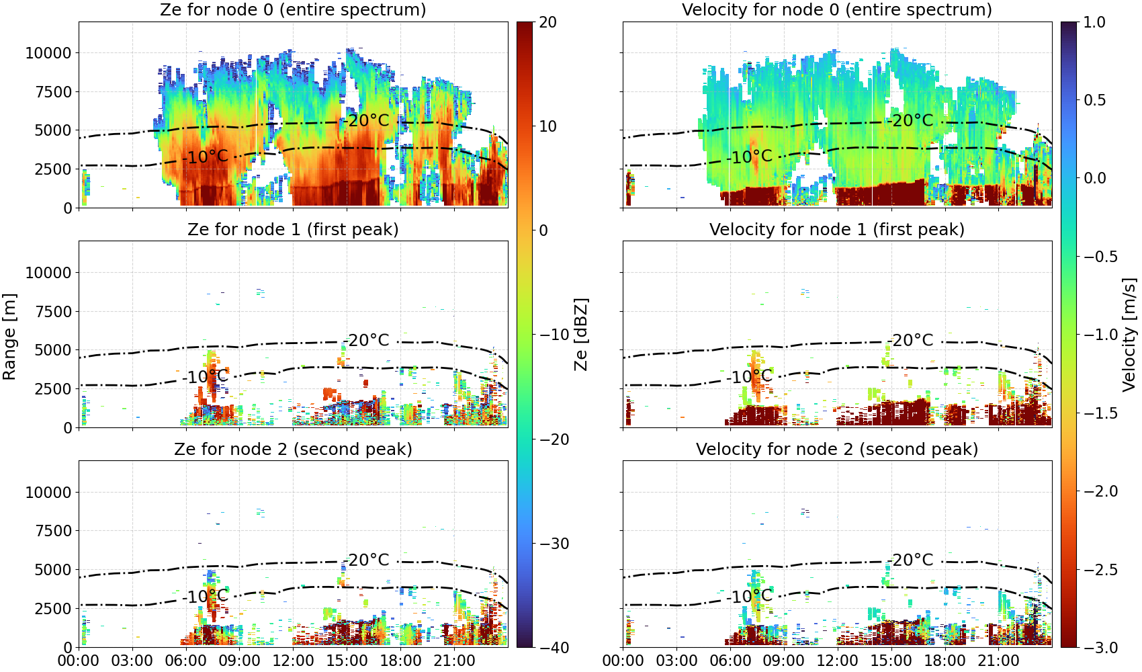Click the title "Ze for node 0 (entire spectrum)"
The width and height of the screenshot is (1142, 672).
pyautogui.click(x=293, y=9)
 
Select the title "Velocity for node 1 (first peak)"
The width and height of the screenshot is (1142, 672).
pyautogui.click(x=837, y=229)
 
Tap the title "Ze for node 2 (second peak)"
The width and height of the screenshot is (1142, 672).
pyautogui.click(x=293, y=449)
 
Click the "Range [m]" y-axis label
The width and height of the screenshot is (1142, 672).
pyautogui.click(x=9, y=337)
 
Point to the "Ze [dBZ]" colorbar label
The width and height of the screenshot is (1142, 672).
pyautogui.click(x=580, y=335)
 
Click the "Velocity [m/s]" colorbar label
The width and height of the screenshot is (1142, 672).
pyautogui.click(x=1130, y=335)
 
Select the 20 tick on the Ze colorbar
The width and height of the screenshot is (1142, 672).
pyautogui.click(x=548, y=22)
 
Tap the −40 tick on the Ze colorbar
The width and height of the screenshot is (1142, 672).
pyautogui.click(x=554, y=648)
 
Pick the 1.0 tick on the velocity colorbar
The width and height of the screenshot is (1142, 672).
pyautogui.click(x=1094, y=22)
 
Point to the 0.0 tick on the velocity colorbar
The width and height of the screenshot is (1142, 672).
pyautogui.click(x=1094, y=178)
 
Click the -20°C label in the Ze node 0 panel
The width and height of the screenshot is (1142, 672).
pyautogui.click(x=366, y=120)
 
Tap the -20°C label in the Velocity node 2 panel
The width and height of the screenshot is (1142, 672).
pyautogui.click(x=910, y=560)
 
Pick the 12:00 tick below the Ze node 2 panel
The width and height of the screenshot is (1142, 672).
pyautogui.click(x=293, y=661)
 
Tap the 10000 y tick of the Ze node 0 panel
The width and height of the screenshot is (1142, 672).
pyautogui.click(x=48, y=53)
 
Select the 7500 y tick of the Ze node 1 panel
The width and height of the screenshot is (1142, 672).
pyautogui.click(x=54, y=312)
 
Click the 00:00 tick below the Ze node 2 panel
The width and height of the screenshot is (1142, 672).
pyautogui.click(x=79, y=661)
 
